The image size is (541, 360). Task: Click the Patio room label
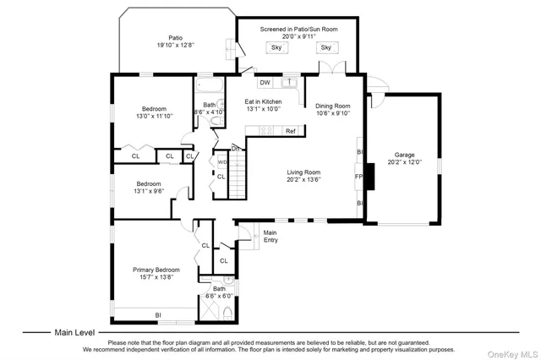[x=175, y=37]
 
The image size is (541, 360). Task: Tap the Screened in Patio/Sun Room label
[x=298, y=30]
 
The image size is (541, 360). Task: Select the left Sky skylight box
[x=276, y=47]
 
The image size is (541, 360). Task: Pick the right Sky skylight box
[x=325, y=47]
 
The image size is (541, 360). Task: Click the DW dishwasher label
[x=265, y=83]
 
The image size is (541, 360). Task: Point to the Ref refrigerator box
[x=290, y=131]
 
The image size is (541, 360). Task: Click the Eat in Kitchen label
[x=263, y=101]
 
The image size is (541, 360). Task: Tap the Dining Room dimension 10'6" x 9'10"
[x=332, y=112]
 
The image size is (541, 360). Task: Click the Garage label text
[x=403, y=155]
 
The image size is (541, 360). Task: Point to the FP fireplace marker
[x=359, y=177]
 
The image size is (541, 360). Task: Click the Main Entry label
[x=270, y=236]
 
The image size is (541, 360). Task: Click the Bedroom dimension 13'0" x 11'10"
[x=153, y=116]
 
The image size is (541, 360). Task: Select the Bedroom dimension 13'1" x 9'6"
[x=149, y=191]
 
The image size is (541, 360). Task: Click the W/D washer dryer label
[x=222, y=161]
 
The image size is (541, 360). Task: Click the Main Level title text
[x=75, y=332]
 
